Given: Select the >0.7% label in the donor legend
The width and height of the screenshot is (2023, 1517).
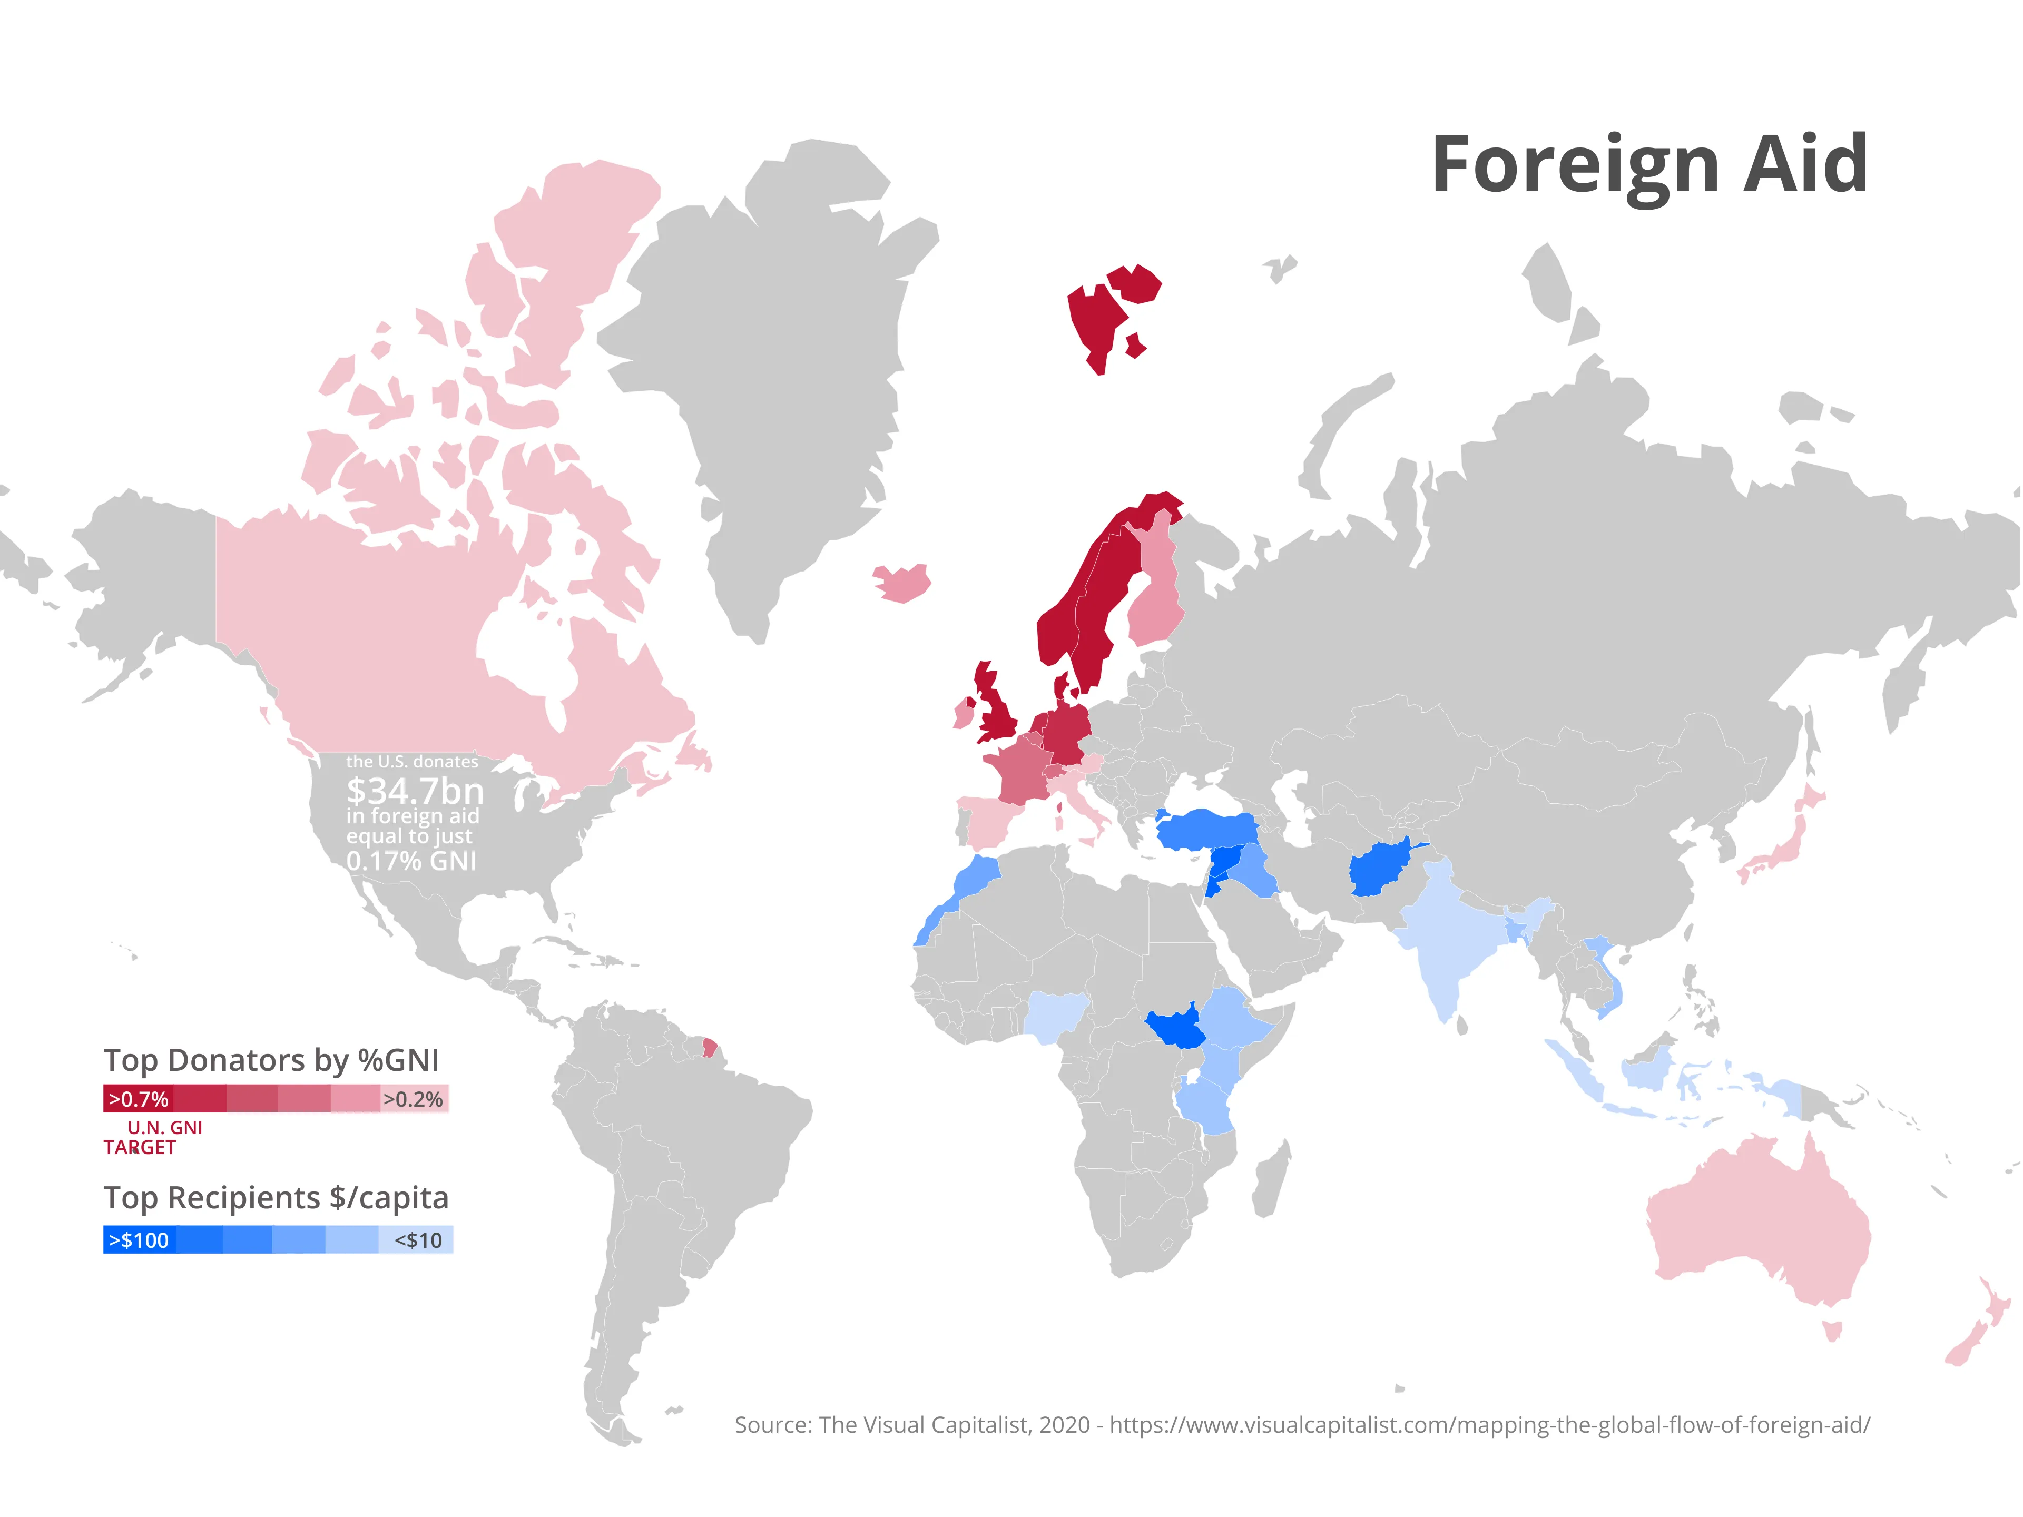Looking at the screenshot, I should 138,1099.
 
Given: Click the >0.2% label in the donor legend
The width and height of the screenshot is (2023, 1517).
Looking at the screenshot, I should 413,1099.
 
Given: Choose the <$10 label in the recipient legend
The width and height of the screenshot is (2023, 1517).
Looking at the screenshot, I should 418,1240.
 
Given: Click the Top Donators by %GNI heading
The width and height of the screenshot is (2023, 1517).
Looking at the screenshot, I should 271,1060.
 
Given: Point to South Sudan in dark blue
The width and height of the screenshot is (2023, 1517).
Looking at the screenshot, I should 1175,1029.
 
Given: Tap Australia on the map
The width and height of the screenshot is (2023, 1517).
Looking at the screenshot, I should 1756,1225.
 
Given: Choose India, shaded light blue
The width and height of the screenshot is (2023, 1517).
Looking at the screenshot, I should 1445,942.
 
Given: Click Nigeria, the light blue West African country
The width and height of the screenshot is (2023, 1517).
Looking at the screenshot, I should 1056,1015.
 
